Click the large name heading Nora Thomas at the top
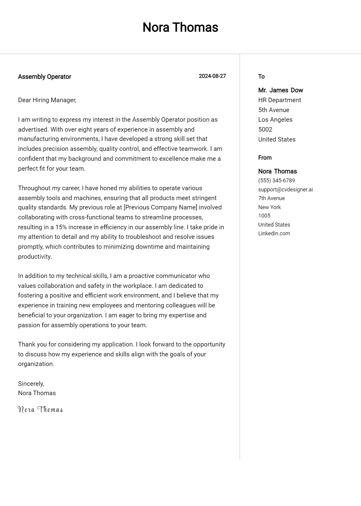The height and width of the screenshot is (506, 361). click(180, 27)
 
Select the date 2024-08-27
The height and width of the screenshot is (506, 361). click(212, 76)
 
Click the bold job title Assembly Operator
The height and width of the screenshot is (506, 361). click(45, 77)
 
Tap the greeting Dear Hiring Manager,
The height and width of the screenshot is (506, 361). click(47, 100)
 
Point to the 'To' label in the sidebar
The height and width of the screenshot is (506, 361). click(261, 77)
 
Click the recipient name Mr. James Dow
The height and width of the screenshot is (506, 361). click(280, 90)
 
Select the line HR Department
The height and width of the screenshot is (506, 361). click(279, 100)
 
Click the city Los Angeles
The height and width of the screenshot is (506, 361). click(275, 120)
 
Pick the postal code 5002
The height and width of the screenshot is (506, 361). click(265, 130)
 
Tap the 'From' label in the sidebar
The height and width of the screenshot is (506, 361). click(265, 158)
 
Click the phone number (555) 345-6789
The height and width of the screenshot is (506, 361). click(276, 181)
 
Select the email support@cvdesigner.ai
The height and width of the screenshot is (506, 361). click(285, 190)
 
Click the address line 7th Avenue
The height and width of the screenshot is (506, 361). click(271, 198)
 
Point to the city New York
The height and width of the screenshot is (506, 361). click(269, 207)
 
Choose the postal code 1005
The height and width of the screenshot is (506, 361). click(264, 216)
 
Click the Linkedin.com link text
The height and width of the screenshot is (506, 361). click(274, 233)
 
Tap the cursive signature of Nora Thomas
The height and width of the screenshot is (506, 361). click(40, 410)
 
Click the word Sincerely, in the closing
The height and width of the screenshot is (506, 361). click(31, 384)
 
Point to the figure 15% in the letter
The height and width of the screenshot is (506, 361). click(61, 227)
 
